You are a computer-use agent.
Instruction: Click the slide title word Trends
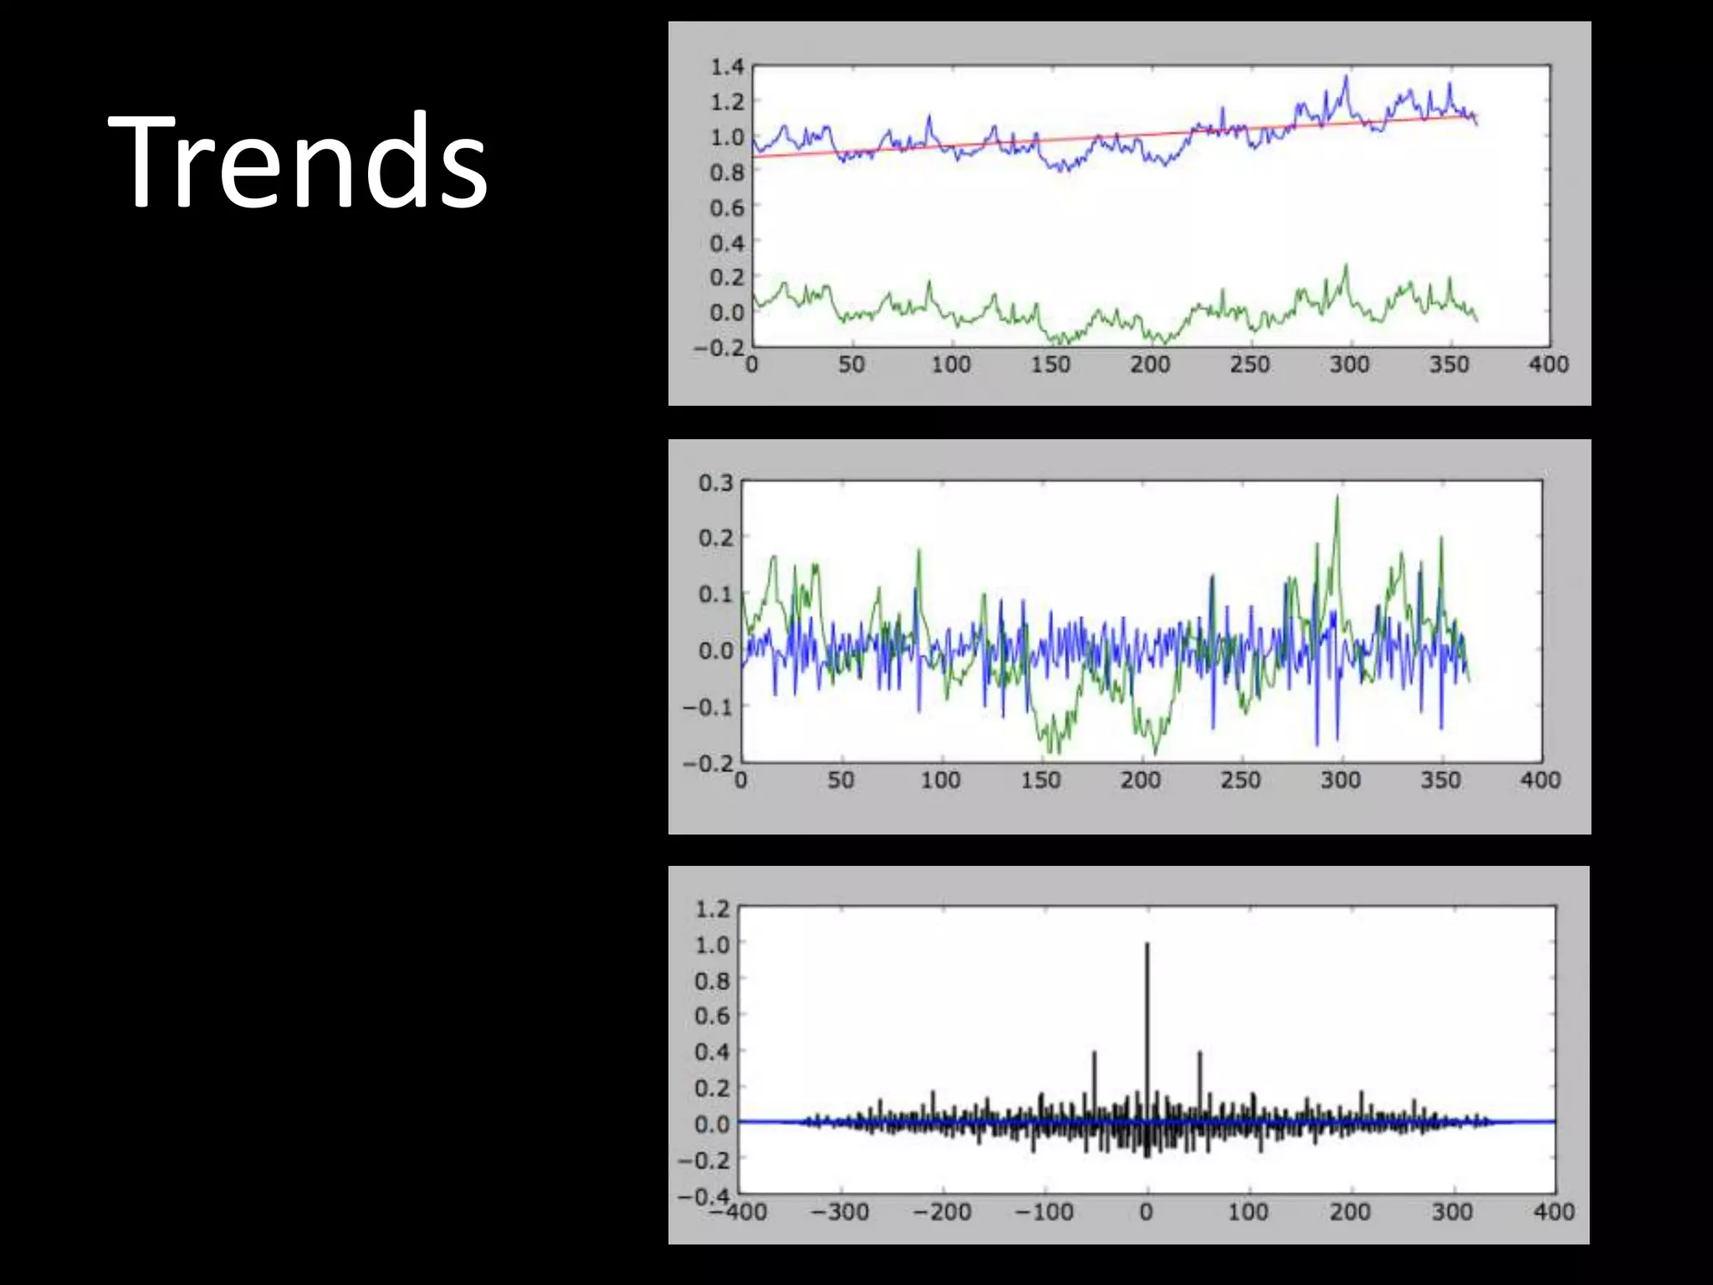coord(297,161)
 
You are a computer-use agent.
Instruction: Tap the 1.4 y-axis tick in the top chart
coord(727,66)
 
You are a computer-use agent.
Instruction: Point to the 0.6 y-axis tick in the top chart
coord(727,207)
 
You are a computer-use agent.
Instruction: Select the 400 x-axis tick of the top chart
coord(1548,365)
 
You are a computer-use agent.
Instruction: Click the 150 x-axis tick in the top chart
coord(1051,365)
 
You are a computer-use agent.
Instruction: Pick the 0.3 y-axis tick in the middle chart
coord(716,484)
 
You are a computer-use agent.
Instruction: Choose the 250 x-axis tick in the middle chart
coord(1240,781)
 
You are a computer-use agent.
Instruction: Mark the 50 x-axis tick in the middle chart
coord(841,781)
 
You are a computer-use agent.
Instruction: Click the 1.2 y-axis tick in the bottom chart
coord(713,909)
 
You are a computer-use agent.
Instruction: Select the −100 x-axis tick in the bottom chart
coord(1044,1212)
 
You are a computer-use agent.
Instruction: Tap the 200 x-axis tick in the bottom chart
coord(1350,1212)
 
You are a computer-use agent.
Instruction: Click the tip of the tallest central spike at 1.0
coord(1147,945)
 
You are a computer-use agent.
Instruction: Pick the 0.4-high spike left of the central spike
coord(1094,1053)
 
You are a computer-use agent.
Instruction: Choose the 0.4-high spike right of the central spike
coord(1199,1053)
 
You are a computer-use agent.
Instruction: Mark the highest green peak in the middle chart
coord(1337,497)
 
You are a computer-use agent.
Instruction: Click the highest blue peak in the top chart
coord(1347,77)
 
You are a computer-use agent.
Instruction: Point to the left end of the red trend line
coord(754,156)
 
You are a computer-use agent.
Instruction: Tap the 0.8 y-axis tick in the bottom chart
coord(713,980)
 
